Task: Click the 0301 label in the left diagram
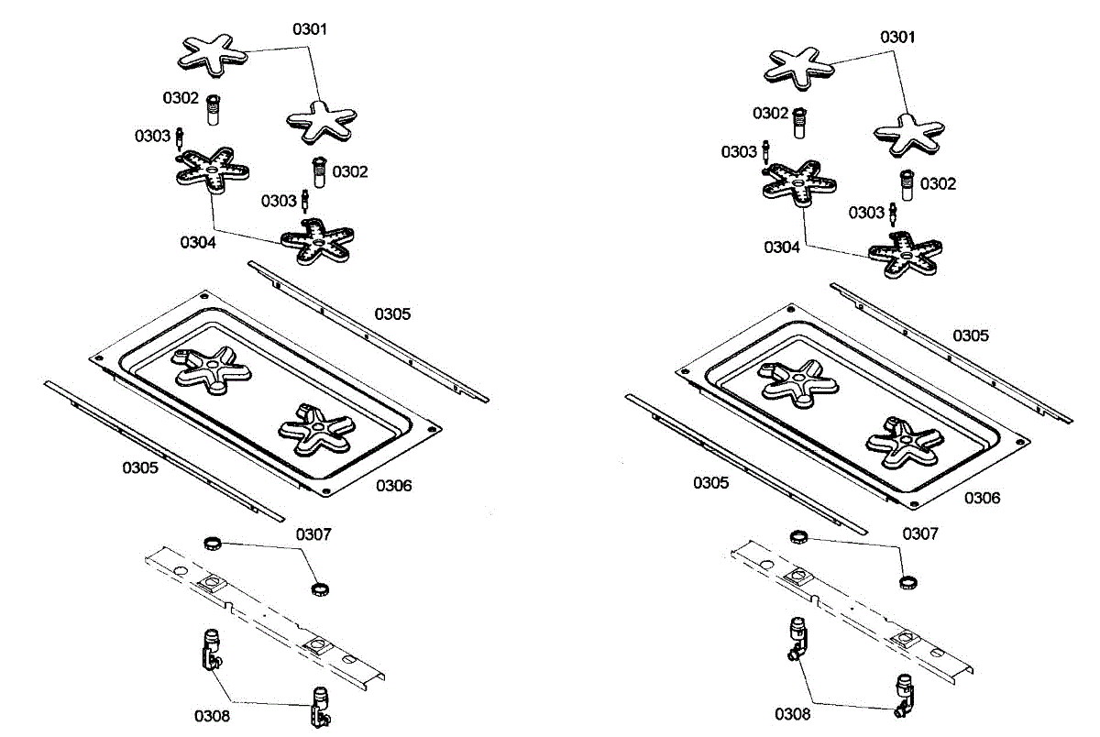click(310, 29)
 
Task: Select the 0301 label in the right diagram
click(897, 38)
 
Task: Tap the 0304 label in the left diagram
click(198, 243)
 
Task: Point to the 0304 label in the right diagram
click(783, 247)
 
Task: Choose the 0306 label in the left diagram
click(393, 485)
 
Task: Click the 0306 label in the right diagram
click(982, 498)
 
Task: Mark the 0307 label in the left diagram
click(313, 533)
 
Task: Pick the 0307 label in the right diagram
click(920, 533)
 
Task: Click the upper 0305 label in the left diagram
click(392, 313)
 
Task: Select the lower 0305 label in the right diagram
click(710, 482)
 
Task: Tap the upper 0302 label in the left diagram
click(181, 97)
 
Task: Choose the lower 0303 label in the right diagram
click(866, 213)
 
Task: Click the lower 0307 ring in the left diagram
click(319, 588)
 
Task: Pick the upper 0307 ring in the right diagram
click(798, 536)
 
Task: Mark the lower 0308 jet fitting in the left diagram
click(320, 708)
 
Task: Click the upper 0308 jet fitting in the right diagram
click(797, 638)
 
